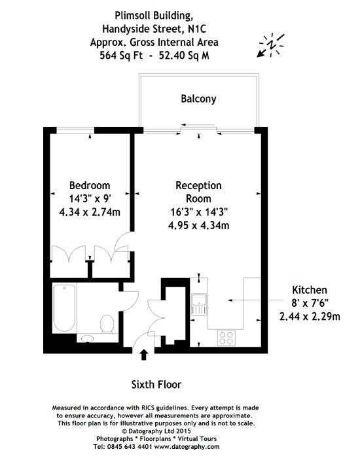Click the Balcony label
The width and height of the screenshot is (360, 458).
tap(198, 99)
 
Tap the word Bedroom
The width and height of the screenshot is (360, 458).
tap(90, 185)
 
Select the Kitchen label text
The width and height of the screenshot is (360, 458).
tap(310, 290)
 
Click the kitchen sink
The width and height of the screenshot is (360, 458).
tap(199, 304)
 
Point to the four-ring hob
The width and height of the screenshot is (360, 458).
tap(226, 338)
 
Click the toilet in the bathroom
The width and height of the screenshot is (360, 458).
tap(107, 324)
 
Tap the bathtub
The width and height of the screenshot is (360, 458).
tap(64, 308)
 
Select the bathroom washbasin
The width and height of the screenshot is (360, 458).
tap(87, 338)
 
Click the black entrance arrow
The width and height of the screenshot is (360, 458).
tap(143, 355)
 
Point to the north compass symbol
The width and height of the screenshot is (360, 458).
tap(272, 45)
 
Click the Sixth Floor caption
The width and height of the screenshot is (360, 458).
tap(156, 385)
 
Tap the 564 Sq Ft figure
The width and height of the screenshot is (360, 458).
tap(121, 55)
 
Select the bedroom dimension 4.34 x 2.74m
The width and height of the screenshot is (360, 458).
tap(90, 212)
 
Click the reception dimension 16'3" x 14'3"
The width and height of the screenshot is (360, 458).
tap(199, 212)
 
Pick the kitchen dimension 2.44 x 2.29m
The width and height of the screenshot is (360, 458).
tap(310, 316)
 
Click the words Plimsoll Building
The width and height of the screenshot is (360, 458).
tap(154, 16)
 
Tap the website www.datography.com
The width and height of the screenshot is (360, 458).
tap(187, 447)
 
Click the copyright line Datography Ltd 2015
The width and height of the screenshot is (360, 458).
tap(156, 431)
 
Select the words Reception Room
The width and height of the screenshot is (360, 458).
tap(199, 192)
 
